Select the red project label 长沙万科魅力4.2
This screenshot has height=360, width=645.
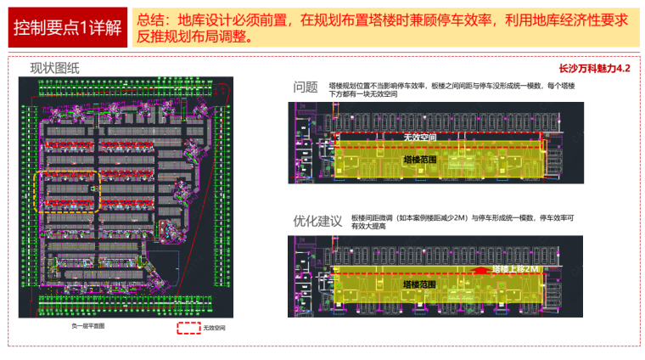point(595,69)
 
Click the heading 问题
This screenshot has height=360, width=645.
point(306,87)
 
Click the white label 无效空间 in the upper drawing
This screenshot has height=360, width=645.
point(420,137)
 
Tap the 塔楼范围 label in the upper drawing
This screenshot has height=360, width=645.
point(420,159)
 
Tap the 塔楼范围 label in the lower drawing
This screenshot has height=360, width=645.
point(420,284)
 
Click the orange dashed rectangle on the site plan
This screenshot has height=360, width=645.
point(67,190)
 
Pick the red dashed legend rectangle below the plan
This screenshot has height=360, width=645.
point(188,327)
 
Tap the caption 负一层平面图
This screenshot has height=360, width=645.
point(87,325)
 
